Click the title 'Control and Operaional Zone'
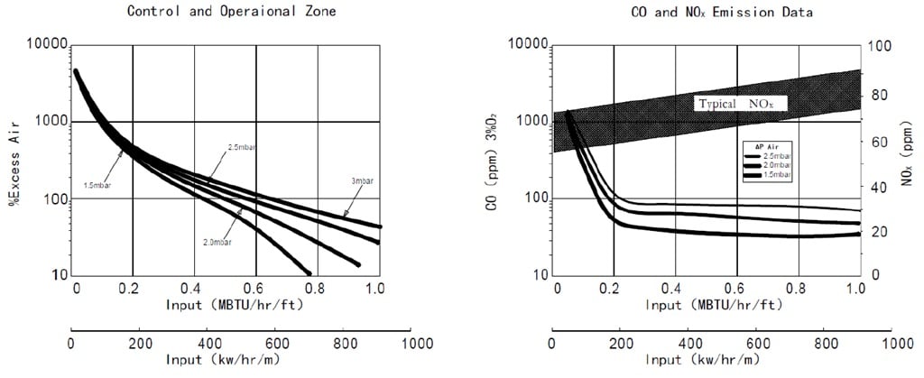point(232,11)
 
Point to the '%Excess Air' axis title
point(14,161)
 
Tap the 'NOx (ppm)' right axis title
point(907,160)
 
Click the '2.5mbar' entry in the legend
point(777,157)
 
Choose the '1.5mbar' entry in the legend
point(777,175)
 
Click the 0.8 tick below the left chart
point(318,289)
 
